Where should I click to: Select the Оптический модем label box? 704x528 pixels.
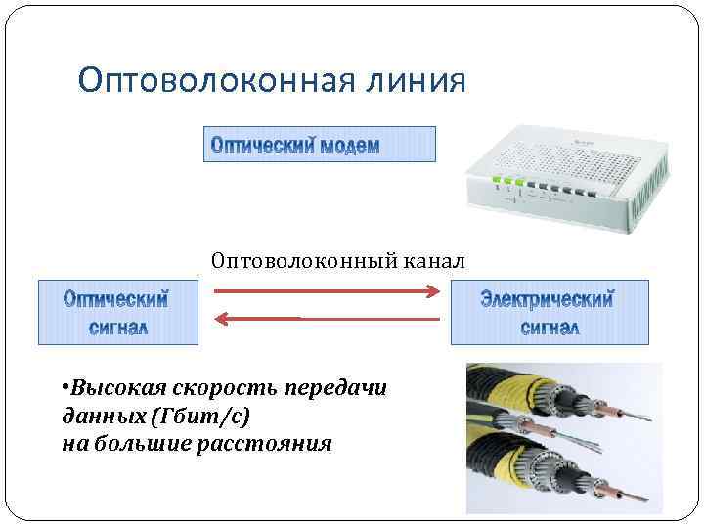click(319, 145)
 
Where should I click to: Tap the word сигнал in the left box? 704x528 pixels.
click(117, 327)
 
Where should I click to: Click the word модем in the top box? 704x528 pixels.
click(349, 146)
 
